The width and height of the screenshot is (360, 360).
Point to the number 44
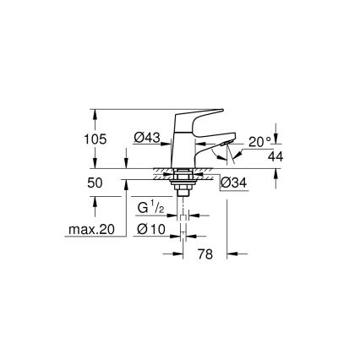point(273,157)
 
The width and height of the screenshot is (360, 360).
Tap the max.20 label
point(91,229)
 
